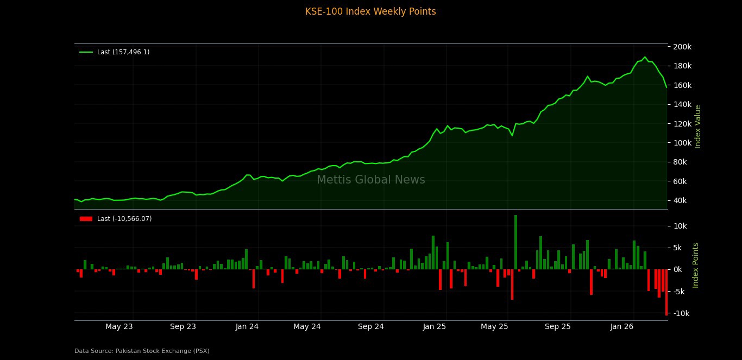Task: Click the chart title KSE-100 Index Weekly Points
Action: [370, 11]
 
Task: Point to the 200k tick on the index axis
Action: [682, 47]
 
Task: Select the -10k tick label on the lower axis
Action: [683, 313]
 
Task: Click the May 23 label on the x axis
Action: [119, 326]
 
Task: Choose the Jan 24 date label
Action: [247, 326]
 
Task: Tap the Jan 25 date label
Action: [435, 326]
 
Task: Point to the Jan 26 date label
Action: [622, 326]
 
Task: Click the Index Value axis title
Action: [698, 127]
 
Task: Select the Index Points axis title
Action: [696, 265]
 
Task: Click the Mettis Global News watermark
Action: [370, 180]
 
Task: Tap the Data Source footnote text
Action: [142, 351]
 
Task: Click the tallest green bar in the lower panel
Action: [515, 242]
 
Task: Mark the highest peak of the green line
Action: [645, 57]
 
